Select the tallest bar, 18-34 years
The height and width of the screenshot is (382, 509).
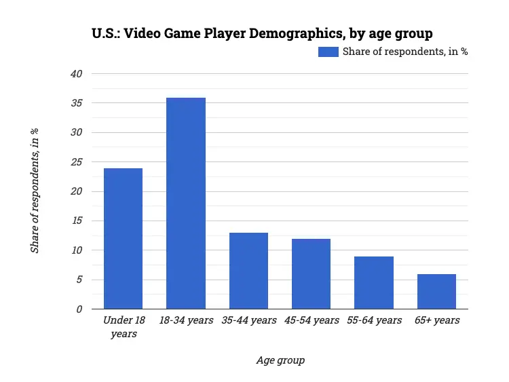186,204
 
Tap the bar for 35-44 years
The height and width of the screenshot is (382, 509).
248,271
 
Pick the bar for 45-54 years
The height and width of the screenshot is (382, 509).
311,274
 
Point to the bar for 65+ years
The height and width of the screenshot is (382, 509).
436,292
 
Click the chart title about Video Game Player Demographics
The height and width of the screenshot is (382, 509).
262,33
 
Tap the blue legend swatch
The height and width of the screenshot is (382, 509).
328,52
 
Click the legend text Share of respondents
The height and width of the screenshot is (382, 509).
404,52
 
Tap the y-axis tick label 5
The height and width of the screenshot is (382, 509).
79,280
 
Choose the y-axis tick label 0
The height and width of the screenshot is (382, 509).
79,309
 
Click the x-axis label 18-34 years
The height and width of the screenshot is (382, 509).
186,320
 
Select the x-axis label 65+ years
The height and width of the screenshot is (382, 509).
436,320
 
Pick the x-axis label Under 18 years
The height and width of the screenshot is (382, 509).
123,326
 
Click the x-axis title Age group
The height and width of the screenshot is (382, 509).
280,360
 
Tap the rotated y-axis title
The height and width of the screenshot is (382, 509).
35,191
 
